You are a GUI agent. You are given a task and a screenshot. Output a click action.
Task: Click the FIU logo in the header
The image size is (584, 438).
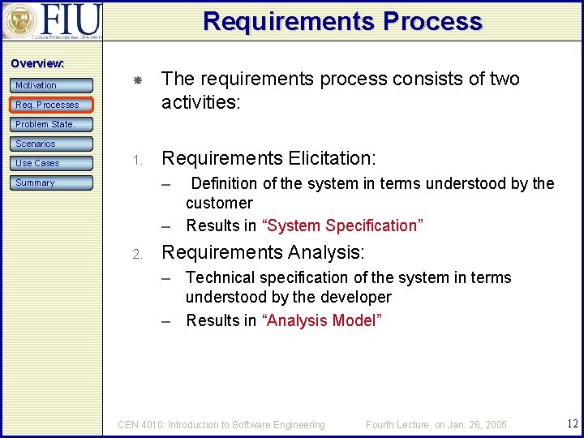pos(53,20)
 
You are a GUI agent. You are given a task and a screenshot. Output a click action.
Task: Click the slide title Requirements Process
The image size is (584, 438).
pos(342,21)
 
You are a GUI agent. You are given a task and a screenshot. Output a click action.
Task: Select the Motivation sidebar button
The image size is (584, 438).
pos(52,85)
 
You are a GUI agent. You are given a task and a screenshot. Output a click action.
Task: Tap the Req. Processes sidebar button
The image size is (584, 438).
pos(52,105)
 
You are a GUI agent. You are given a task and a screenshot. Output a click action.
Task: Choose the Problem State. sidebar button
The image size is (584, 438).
pos(52,124)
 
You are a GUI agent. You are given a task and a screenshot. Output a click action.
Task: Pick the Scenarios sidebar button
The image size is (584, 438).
pos(52,144)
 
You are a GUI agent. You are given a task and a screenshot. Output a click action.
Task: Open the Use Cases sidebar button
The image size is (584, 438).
pos(52,163)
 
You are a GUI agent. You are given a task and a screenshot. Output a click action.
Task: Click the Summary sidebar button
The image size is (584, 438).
pos(52,182)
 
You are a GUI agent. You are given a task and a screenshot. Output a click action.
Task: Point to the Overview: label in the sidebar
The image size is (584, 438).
pos(36,63)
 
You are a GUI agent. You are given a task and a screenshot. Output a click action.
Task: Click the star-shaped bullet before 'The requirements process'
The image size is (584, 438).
pos(138,80)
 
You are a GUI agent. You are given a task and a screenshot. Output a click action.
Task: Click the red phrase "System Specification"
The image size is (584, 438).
pos(341,225)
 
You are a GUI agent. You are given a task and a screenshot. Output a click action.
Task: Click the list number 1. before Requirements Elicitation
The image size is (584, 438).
pos(138,159)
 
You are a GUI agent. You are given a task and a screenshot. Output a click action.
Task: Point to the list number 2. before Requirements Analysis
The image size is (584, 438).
pos(138,254)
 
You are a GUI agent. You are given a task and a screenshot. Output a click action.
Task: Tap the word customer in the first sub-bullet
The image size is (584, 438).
pos(219,203)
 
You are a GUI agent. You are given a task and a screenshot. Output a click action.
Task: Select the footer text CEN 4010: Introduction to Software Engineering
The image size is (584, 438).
pos(221,424)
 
